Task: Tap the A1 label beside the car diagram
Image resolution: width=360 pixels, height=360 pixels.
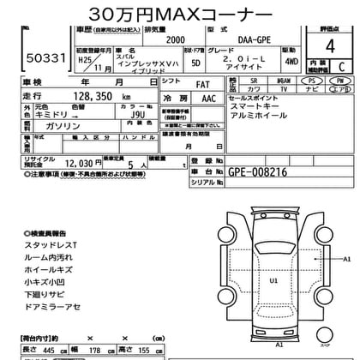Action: pos(347,257)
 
